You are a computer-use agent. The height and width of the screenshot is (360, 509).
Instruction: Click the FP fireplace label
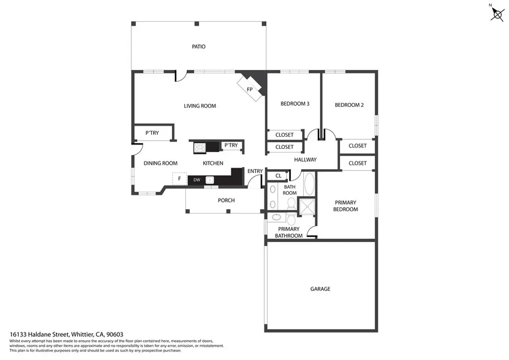tap(250, 90)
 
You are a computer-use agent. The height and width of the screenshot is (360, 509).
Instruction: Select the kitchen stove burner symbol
tap(199, 147)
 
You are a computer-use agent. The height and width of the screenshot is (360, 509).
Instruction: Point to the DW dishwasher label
tap(196, 180)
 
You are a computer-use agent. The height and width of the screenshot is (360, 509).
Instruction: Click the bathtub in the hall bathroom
tap(309, 184)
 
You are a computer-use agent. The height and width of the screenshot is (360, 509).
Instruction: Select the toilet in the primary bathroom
tap(291, 218)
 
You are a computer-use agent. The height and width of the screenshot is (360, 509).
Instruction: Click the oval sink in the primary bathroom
tap(276, 217)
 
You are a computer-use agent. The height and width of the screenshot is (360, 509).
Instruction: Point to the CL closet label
tap(278, 176)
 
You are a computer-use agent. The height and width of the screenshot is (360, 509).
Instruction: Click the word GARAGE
tap(320, 289)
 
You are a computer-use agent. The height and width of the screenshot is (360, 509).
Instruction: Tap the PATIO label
tap(199, 47)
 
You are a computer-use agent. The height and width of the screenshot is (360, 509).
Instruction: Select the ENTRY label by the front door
tap(255, 172)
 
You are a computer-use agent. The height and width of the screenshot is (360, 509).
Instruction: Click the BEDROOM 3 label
tap(295, 104)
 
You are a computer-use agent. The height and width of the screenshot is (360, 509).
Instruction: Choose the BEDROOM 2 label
tap(349, 105)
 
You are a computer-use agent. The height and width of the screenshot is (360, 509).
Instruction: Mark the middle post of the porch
tap(228, 211)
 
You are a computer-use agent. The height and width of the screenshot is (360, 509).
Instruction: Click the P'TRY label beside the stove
tap(231, 145)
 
